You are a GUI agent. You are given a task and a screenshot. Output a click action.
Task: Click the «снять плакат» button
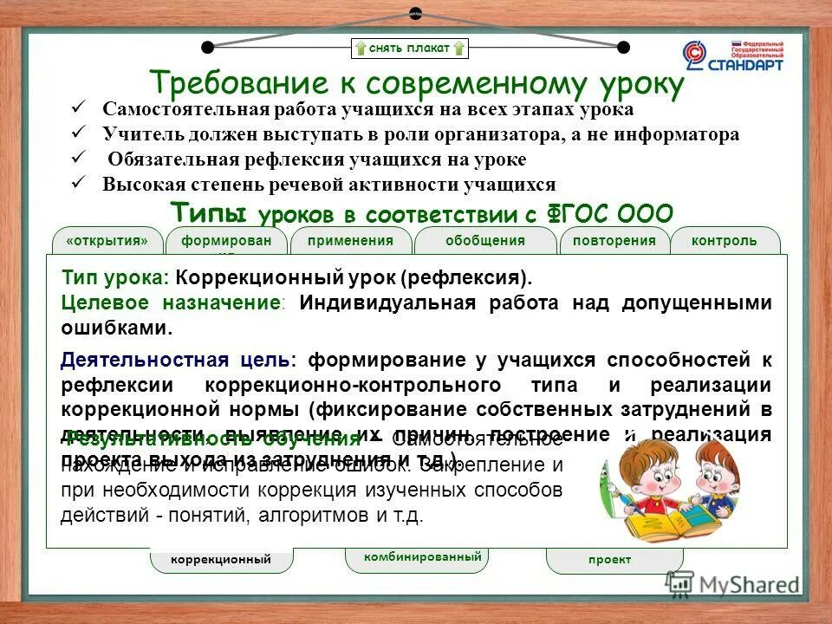410,48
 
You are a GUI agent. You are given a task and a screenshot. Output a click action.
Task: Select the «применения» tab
350,241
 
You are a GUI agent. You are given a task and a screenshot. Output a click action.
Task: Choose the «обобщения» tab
485,241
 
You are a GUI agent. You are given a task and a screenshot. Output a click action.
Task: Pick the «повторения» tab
614,241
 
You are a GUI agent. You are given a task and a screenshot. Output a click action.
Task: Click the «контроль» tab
724,241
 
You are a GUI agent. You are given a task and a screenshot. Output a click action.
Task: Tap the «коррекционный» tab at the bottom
221,560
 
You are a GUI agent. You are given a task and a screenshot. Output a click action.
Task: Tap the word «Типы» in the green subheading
209,211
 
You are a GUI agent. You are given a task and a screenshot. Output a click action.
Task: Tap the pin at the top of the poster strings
415,13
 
